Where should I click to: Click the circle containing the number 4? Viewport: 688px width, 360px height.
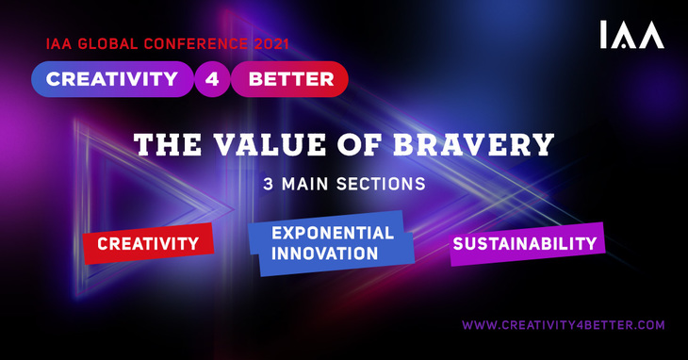pos(211,79)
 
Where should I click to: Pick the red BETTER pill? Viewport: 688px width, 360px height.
pos(290,79)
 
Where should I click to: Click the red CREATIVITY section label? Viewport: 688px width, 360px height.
pos(148,244)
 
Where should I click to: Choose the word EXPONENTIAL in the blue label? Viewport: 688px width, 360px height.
pos(332,233)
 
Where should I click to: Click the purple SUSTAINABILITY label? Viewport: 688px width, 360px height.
pos(525,243)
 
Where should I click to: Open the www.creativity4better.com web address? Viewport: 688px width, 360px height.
pos(563,325)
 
